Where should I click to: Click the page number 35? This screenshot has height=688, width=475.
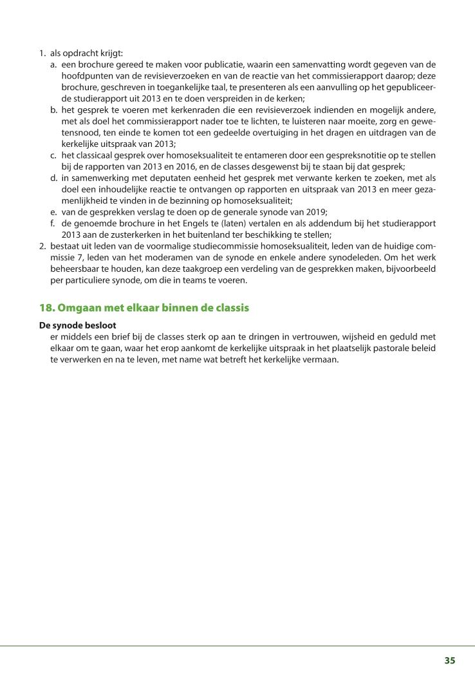450,660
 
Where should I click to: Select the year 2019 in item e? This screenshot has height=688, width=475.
317,211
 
